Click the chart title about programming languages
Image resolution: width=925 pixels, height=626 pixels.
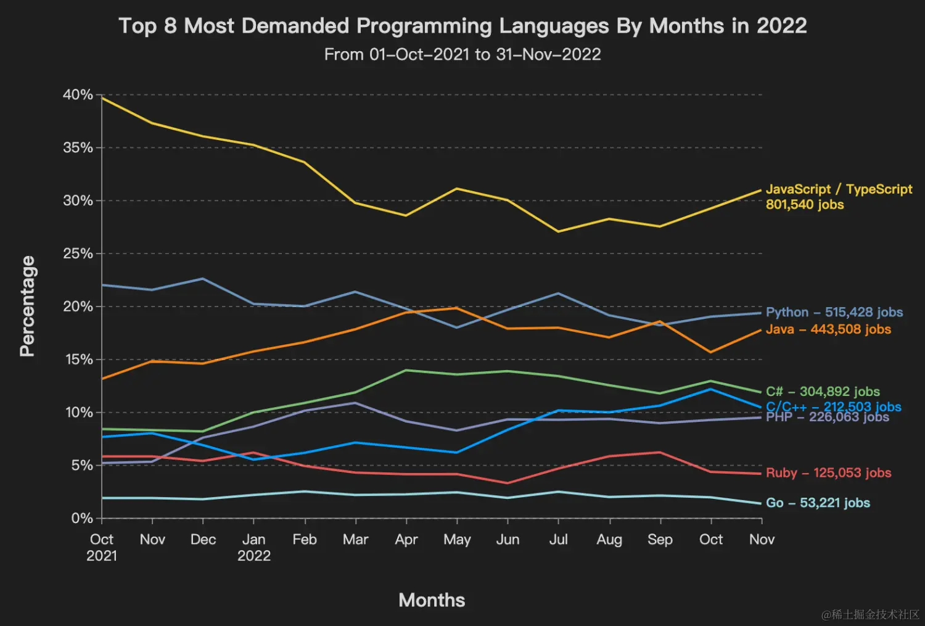coord(462,26)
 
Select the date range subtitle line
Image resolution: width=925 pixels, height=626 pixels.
coord(462,54)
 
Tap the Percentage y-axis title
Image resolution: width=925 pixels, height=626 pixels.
coord(27,306)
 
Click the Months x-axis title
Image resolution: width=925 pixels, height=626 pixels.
coord(432,600)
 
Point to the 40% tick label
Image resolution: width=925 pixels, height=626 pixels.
coord(78,95)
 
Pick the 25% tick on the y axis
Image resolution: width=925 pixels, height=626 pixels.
coord(78,253)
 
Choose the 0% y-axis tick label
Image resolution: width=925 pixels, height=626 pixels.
coord(82,518)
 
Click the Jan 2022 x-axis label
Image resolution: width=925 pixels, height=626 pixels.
coord(254,547)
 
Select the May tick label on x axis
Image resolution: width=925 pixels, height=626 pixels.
coord(457,540)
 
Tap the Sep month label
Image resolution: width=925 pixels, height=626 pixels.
coord(660,540)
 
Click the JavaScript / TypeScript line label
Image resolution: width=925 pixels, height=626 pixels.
coord(839,197)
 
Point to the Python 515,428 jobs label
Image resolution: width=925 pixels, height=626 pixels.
coord(834,312)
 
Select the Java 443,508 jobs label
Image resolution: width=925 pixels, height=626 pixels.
coord(828,329)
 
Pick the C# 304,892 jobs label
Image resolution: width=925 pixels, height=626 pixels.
coord(823,392)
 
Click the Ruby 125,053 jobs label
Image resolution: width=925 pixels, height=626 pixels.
coord(828,473)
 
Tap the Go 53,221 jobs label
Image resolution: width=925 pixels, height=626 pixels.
coord(818,503)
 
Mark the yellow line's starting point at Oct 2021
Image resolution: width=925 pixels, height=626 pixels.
coord(102,98)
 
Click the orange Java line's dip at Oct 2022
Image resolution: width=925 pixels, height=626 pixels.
coord(711,352)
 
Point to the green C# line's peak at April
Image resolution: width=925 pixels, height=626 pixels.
coord(406,370)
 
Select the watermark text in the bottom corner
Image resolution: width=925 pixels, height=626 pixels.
coord(870,614)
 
